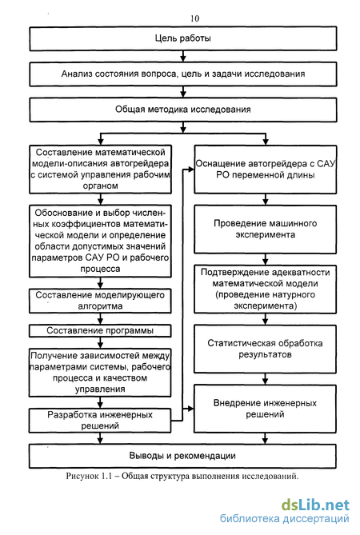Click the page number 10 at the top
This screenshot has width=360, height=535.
tap(195, 18)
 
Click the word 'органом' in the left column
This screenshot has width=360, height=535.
tap(100, 186)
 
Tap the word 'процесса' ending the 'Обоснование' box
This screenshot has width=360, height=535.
tap(100, 269)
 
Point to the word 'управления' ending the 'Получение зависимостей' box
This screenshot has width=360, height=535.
tap(100, 389)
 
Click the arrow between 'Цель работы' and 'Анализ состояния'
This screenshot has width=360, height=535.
tap(183, 56)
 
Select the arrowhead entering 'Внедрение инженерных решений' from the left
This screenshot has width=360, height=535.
tap(190, 409)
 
